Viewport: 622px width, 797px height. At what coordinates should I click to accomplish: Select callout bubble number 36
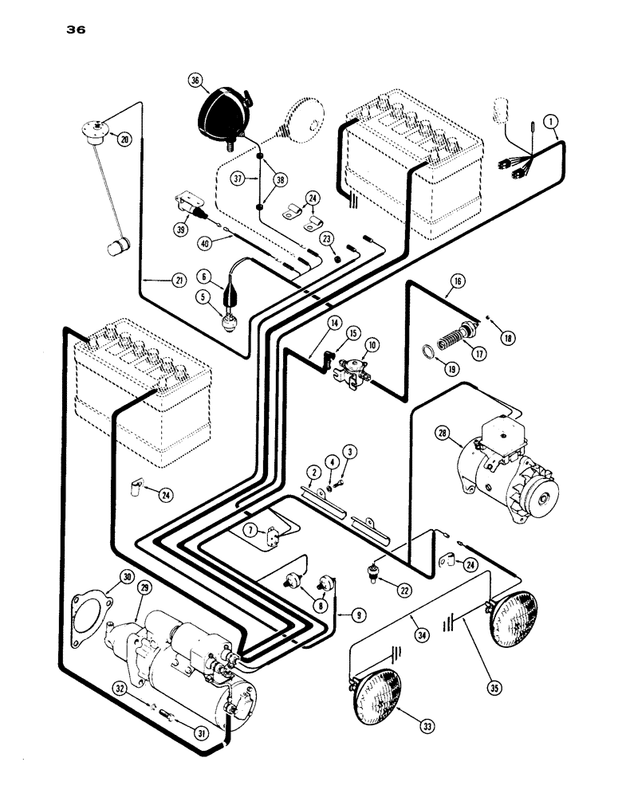[194, 80]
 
